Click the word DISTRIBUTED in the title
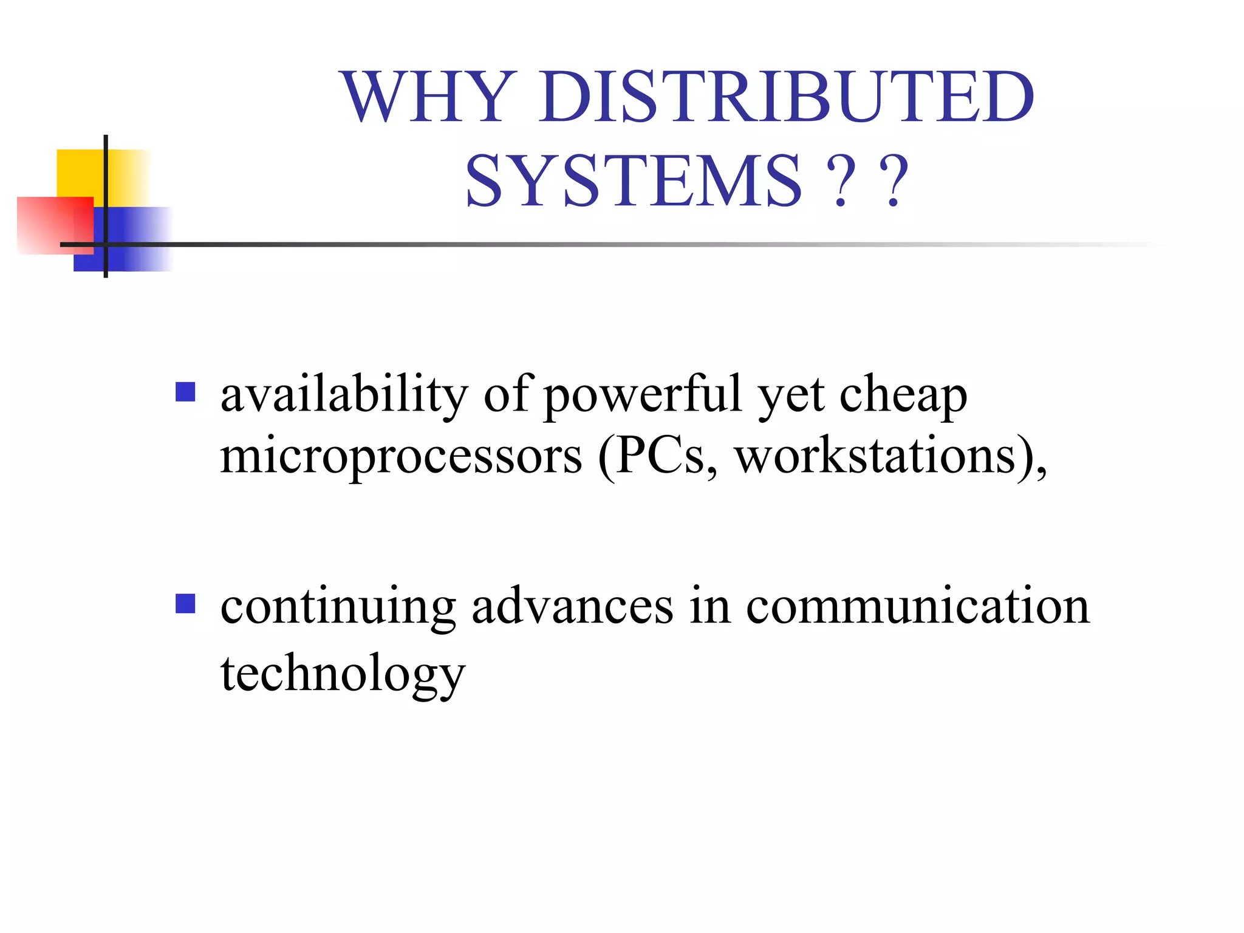click(787, 97)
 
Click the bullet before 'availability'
click(185, 392)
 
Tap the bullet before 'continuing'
click(185, 604)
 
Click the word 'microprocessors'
click(401, 457)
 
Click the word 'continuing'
click(338, 607)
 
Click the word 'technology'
click(343, 674)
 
